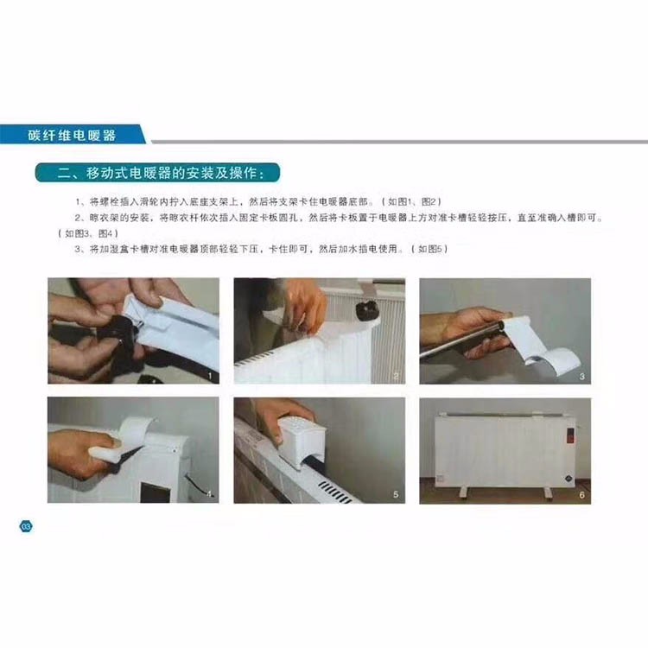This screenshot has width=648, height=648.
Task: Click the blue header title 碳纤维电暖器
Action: coord(72,135)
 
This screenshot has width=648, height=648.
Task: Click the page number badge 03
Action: coord(26,526)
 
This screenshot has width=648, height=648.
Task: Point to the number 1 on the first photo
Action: coord(210,376)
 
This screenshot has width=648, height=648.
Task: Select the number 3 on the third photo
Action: coord(581,376)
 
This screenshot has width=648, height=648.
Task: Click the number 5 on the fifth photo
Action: coord(396,494)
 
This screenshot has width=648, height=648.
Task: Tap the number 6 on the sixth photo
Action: coord(581,495)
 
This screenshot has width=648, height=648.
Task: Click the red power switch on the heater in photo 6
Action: coord(570,435)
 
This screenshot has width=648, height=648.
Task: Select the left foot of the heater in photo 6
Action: coord(463,493)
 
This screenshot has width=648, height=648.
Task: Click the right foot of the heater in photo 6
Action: coord(548,493)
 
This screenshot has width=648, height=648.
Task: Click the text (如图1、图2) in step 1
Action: coord(411,201)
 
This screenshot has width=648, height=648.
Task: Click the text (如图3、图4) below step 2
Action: coord(88,233)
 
